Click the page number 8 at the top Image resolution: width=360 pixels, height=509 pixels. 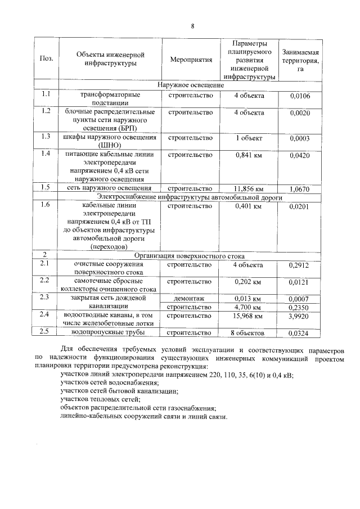click(x=192, y=26)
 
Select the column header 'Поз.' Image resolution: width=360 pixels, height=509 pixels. click(x=47, y=59)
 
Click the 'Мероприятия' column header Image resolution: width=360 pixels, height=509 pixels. click(x=190, y=59)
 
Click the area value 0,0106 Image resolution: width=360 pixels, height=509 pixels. click(x=300, y=96)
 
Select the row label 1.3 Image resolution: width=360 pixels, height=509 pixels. click(x=47, y=136)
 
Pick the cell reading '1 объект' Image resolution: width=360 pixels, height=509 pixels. click(x=249, y=137)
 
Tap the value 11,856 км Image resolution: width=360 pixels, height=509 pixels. click(x=249, y=188)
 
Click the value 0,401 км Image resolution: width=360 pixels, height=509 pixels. click(x=249, y=207)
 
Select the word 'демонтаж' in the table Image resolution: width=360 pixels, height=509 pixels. click(x=190, y=298)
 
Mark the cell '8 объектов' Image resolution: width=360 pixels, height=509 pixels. click(x=249, y=334)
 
